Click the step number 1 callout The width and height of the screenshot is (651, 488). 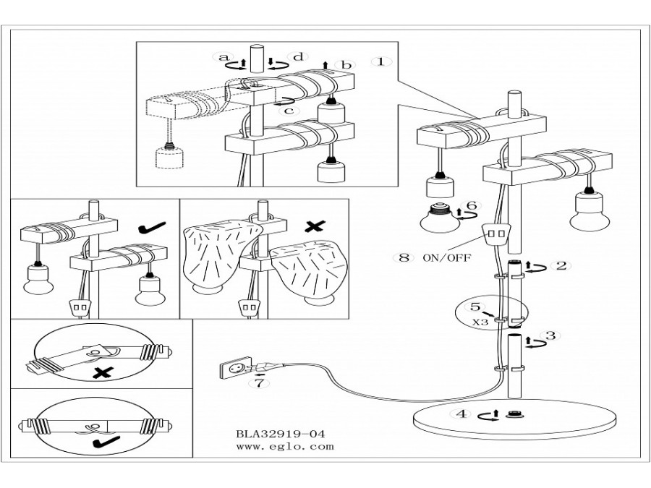pos(380,62)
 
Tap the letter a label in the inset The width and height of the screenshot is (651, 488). pos(224,57)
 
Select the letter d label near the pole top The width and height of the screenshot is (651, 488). pos(299,57)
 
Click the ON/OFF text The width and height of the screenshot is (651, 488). pos(447,258)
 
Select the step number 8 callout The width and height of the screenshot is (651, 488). pos(404,257)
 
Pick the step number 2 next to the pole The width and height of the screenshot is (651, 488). pos(561,265)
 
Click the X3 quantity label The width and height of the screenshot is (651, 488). pos(480,322)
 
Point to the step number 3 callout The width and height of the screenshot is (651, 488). pos(550,335)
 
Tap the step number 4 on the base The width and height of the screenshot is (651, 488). pos(461,414)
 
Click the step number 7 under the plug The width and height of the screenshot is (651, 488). pos(260,383)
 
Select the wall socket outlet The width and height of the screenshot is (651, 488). pos(235,368)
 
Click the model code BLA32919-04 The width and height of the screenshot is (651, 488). pos(280,434)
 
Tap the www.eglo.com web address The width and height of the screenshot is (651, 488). pos(285,447)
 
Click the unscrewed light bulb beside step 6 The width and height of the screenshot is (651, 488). pos(440,218)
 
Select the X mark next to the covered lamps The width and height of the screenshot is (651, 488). pos(315,226)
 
